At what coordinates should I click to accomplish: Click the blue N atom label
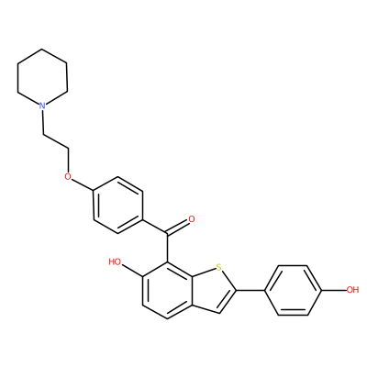coord(42,106)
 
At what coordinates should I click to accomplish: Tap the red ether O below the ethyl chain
coord(68,176)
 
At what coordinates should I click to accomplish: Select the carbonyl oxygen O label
coord(192,219)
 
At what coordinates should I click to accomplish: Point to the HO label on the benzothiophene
coord(115,261)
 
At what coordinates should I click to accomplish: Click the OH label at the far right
coord(352,290)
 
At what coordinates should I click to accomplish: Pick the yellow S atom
coord(218,268)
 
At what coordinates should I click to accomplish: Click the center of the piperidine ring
coord(42,77)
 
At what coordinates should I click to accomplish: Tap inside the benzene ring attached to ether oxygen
coord(118,205)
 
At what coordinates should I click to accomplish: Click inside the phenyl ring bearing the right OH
coord(293,290)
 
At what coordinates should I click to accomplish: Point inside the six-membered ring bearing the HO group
coord(167,290)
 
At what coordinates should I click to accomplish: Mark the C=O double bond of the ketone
coord(178,227)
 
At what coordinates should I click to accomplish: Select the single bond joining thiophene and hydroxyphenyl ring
coord(250,290)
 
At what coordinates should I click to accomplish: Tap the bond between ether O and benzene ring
coord(83,184)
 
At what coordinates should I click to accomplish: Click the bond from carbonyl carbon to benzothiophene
coord(167,248)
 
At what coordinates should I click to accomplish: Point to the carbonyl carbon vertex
coord(167,234)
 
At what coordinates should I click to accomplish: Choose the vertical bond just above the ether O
coord(68,161)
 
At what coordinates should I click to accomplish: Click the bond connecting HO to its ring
coord(132,271)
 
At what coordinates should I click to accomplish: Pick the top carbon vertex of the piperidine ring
coord(42,49)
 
